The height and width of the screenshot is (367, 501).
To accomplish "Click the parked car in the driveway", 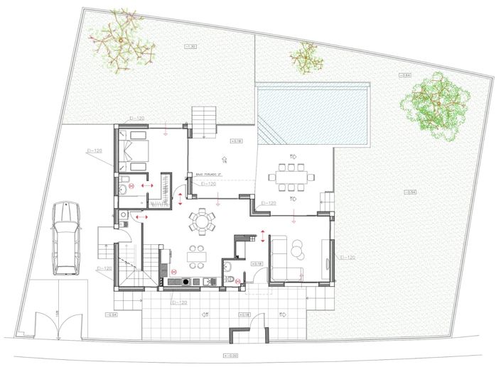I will tap(65, 239).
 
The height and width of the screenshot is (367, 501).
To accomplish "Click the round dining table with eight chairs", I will tap(203, 221).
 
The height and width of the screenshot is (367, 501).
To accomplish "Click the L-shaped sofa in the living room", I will tap(284, 259).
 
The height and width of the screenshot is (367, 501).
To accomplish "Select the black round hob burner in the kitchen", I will tap(187, 281).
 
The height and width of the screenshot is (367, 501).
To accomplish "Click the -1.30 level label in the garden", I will tap(190, 47).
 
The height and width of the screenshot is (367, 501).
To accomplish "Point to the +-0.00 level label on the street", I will tap(231, 356).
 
